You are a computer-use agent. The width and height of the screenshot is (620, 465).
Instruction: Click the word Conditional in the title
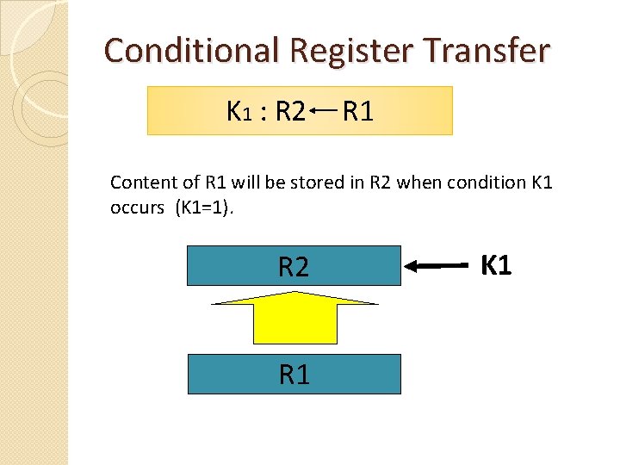click(191, 51)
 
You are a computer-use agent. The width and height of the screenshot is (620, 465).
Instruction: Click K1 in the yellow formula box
click(238, 111)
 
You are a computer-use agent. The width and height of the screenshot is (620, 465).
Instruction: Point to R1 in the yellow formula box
click(357, 111)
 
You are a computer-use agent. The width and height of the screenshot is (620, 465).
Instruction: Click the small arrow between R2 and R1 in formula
click(324, 110)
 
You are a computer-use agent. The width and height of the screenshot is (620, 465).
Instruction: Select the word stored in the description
click(330, 183)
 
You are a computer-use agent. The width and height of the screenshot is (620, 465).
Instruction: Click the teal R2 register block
click(294, 267)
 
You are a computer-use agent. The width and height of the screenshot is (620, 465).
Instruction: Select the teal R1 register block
click(294, 374)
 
